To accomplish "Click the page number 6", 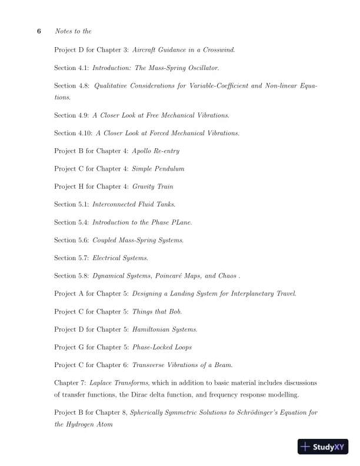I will [39, 31].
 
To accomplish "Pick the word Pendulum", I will [171, 169].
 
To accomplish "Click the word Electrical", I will [106, 258].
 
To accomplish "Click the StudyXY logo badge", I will [323, 447].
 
